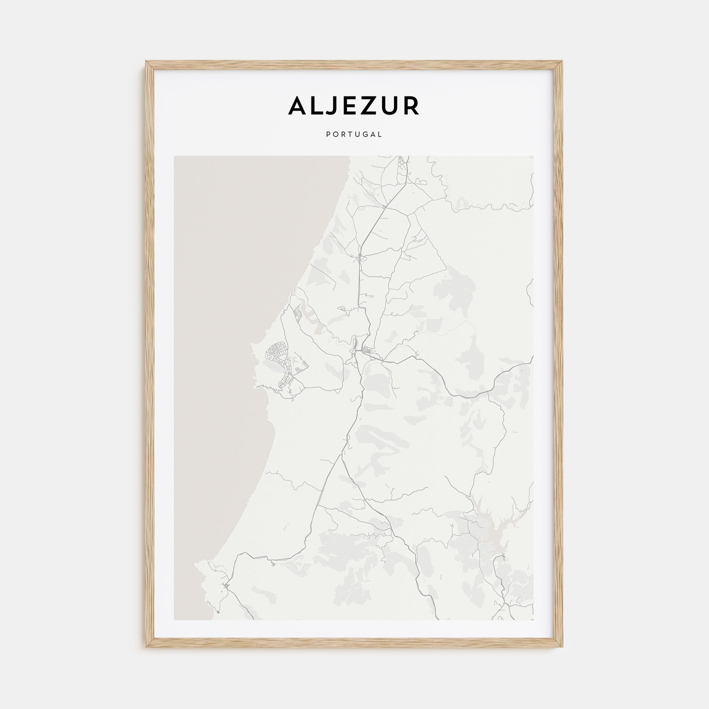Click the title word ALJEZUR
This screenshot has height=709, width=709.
(354, 106)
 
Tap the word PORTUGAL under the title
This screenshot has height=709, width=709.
(354, 135)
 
